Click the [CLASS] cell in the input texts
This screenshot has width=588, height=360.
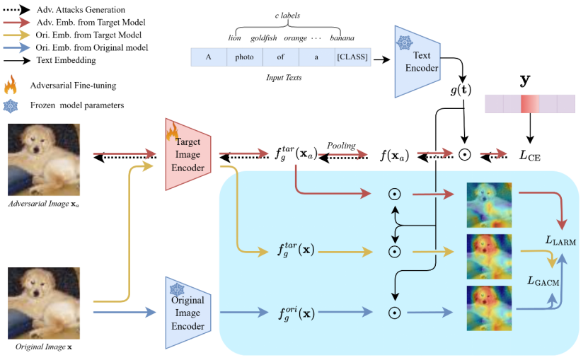click(352, 57)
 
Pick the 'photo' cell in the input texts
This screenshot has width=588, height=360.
click(243, 57)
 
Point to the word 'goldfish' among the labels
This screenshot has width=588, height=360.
click(263, 37)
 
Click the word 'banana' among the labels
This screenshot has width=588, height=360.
click(341, 37)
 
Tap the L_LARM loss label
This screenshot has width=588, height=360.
click(560, 241)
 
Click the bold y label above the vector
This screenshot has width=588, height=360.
click(526, 80)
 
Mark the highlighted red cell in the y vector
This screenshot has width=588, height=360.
click(529, 105)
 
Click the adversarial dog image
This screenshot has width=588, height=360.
click(43, 161)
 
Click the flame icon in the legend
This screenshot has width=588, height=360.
click(11, 86)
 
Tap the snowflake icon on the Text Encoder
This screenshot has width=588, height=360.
click(405, 42)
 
